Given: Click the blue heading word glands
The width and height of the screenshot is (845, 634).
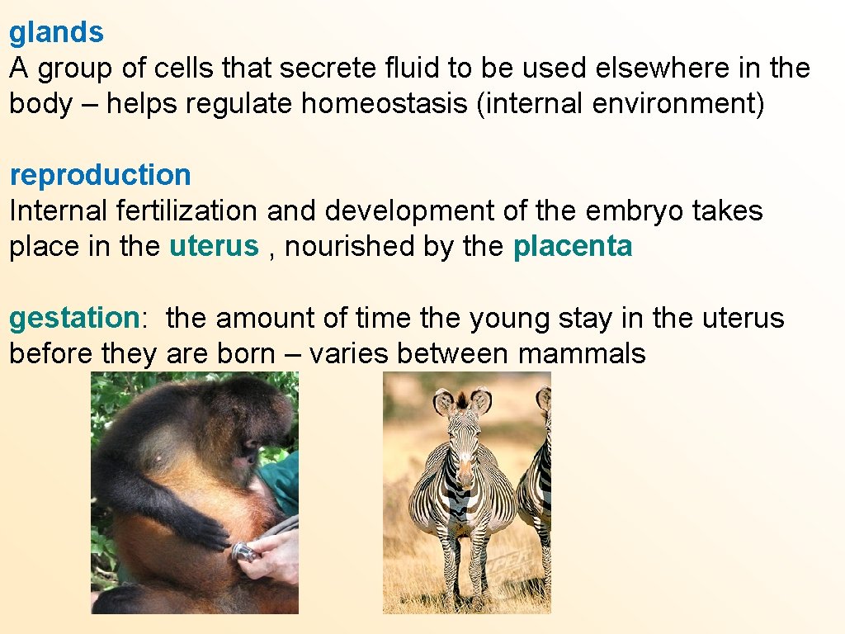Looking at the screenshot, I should [56, 33].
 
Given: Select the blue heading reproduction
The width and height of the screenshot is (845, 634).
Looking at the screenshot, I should [100, 175].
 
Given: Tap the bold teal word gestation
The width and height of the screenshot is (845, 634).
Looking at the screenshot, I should [73, 318].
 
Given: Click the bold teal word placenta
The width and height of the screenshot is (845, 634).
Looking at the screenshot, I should [573, 246].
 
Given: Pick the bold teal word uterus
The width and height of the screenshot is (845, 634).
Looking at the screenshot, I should [214, 246].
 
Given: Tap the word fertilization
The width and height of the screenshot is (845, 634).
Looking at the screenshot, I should [187, 211].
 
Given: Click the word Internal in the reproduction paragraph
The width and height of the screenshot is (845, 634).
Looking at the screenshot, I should [59, 211].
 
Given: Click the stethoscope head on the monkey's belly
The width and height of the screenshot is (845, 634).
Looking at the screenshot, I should [243, 551].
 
